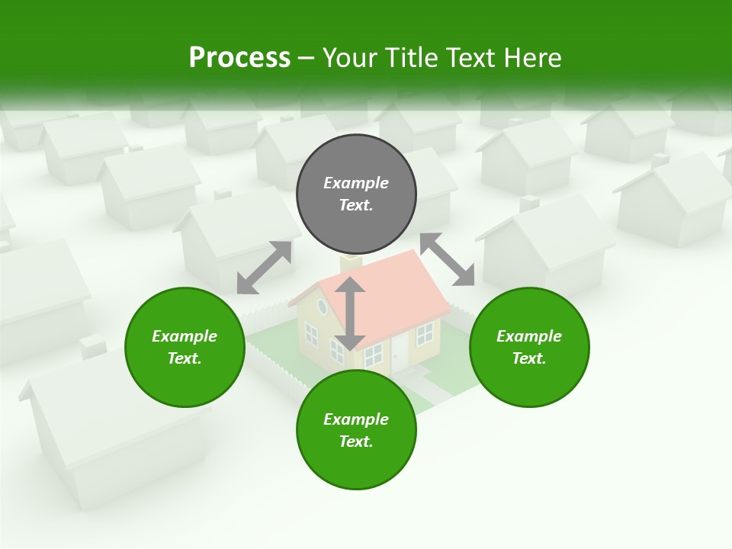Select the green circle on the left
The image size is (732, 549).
pos(185,347)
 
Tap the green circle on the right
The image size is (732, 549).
pos(529,347)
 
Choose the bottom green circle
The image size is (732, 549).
pos(356,430)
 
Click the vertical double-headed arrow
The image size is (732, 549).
pos(350,313)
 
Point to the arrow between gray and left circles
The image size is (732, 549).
pos(264,268)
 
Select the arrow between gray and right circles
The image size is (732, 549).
pos(447,259)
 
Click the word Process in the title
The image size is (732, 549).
pos(239,58)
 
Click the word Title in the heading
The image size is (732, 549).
pos(414,58)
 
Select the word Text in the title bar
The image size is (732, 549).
pos(473,58)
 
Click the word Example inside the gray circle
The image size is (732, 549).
pos(356,183)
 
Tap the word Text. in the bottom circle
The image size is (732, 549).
pos(356,441)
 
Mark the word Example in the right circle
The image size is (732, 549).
pos(529,336)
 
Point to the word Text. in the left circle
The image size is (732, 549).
pos(185,358)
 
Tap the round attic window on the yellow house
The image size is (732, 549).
pos(322,307)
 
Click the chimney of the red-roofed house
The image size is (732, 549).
pos(352,263)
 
